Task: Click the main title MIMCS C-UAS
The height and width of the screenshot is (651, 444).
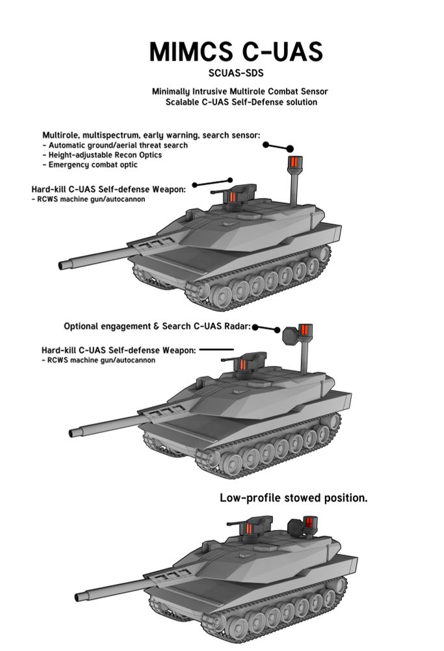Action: click(235, 51)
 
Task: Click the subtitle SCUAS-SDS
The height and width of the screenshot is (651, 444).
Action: click(236, 73)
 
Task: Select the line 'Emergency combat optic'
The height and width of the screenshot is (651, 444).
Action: click(90, 165)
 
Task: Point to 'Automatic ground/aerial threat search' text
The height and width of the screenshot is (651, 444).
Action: click(115, 145)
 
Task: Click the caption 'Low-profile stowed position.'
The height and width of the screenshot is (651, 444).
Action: click(294, 498)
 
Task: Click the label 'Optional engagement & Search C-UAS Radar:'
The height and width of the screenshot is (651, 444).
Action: click(157, 326)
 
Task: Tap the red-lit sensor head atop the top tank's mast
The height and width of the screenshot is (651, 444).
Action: click(294, 162)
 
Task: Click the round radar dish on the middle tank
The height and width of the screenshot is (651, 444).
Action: click(290, 336)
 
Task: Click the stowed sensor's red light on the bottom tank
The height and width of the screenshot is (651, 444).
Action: click(308, 522)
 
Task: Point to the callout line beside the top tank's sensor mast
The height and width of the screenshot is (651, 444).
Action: click(278, 146)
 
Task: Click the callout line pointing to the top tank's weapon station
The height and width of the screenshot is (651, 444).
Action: click(213, 182)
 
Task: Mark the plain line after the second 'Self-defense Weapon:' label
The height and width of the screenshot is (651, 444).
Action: click(216, 350)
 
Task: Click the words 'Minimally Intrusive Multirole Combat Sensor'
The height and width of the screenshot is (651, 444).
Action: click(240, 91)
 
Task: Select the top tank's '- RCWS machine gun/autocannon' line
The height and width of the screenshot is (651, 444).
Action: click(88, 199)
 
